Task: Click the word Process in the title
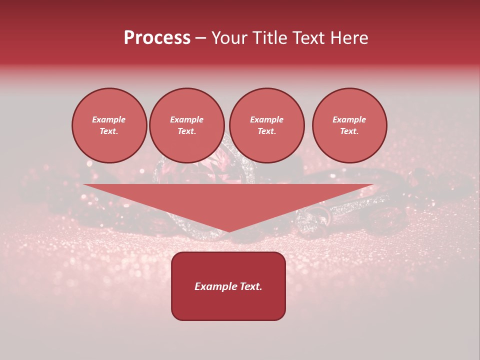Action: pyautogui.click(x=157, y=38)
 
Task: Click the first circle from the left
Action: pyautogui.click(x=109, y=125)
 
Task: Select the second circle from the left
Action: pyautogui.click(x=186, y=125)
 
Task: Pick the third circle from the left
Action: pyautogui.click(x=266, y=125)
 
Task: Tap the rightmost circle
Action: pyautogui.click(x=349, y=125)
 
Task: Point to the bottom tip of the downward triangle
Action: pyautogui.click(x=228, y=231)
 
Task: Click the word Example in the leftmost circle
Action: pyautogui.click(x=109, y=119)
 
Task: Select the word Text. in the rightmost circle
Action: pyautogui.click(x=349, y=131)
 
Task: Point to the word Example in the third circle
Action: pyautogui.click(x=266, y=119)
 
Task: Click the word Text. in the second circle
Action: pyautogui.click(x=186, y=131)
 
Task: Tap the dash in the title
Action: pyautogui.click(x=200, y=38)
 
